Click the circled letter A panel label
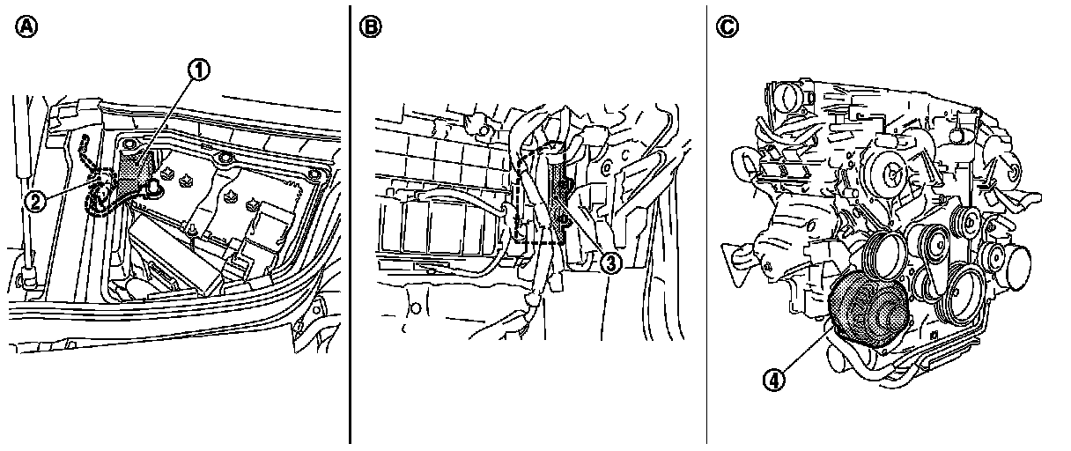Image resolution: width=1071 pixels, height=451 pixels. click(x=26, y=26)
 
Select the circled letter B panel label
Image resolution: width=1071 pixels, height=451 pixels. click(x=371, y=26)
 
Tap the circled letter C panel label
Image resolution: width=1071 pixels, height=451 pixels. click(x=728, y=26)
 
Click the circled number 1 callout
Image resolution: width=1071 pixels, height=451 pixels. click(x=198, y=70)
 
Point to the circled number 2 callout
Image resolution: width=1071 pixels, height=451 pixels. click(x=35, y=202)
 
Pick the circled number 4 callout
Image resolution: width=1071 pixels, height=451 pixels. click(x=773, y=381)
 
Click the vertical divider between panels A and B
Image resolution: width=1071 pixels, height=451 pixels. click(x=350, y=225)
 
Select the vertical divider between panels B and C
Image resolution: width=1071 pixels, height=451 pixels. click(x=706, y=225)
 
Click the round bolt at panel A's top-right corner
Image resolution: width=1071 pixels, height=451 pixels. click(x=314, y=174)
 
